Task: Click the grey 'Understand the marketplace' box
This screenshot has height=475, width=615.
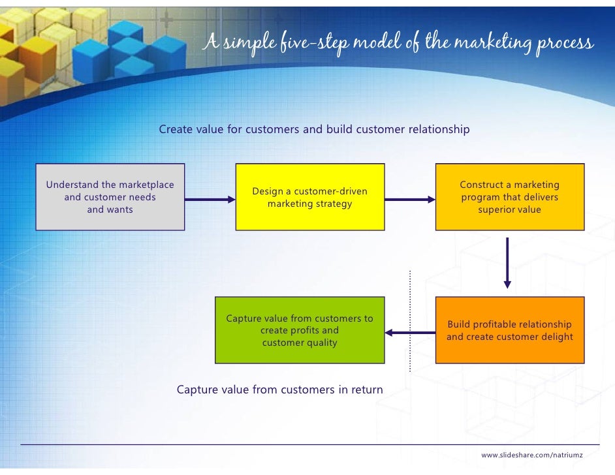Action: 110,197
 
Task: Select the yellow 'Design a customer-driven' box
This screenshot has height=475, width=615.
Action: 309,197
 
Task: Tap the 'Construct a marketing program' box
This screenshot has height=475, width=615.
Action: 510,197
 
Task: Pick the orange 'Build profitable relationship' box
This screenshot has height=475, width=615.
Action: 510,330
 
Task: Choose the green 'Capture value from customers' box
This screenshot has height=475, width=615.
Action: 300,330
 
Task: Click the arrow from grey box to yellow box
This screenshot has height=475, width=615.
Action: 210,199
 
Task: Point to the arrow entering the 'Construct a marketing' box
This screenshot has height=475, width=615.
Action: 409,199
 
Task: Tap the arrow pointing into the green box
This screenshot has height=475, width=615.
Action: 409,333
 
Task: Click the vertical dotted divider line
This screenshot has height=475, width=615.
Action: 411,320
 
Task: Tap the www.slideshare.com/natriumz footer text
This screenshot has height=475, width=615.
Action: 532,454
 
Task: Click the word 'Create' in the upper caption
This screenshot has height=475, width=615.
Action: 176,129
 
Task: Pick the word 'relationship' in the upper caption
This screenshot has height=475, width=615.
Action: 439,129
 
